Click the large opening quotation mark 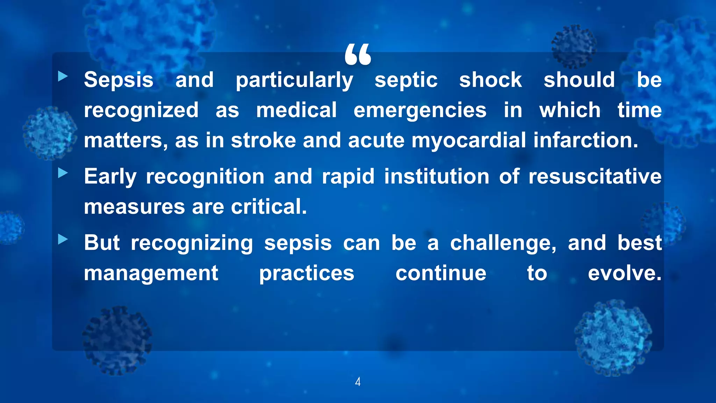click(x=358, y=55)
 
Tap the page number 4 click(x=358, y=382)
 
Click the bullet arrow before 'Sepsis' click(x=63, y=76)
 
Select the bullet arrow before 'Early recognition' click(x=63, y=172)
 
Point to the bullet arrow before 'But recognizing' click(x=63, y=239)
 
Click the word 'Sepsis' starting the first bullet click(x=119, y=80)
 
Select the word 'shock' click(x=491, y=80)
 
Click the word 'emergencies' click(x=420, y=111)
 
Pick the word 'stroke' click(x=263, y=140)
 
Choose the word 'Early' click(x=110, y=177)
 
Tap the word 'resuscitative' click(x=595, y=176)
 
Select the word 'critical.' click(x=269, y=206)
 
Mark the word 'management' click(x=151, y=274)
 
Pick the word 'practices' click(x=307, y=274)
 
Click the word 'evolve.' click(x=625, y=273)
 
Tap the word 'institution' click(x=437, y=176)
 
